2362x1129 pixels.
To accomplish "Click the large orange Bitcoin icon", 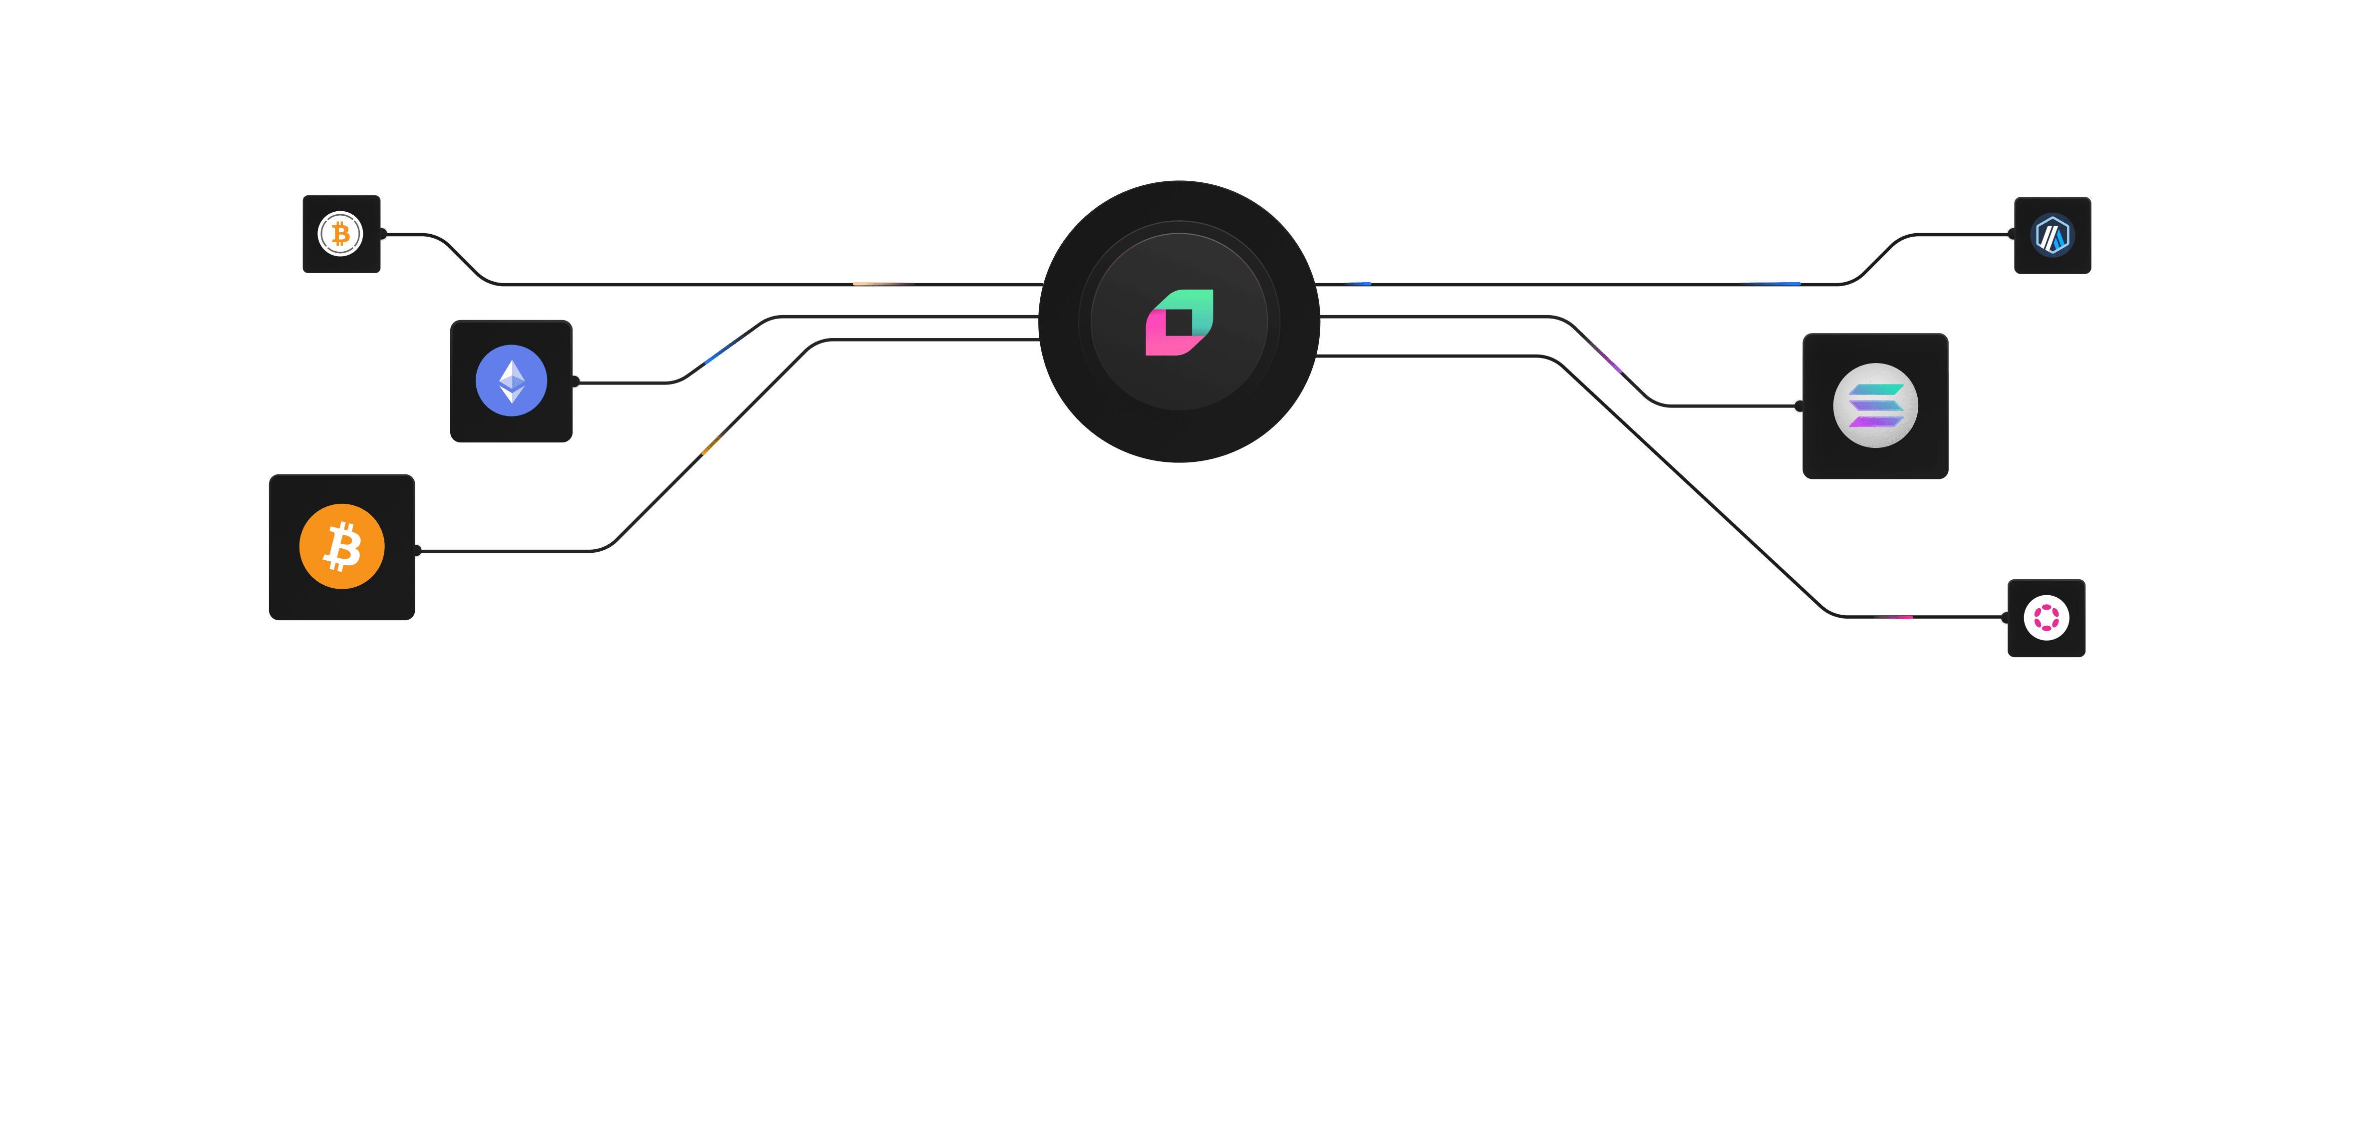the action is point(342,547).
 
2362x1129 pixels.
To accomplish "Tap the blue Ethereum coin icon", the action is point(512,380).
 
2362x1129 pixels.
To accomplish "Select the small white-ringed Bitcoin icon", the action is point(340,234).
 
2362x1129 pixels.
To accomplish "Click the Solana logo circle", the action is point(1875,405).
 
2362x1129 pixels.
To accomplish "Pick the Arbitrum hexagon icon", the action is point(2052,235).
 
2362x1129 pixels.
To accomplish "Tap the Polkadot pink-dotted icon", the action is point(2047,617).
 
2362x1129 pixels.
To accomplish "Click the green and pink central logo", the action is point(1179,322).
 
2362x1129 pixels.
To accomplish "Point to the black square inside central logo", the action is point(1179,323).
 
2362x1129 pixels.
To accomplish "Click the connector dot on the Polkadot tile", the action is point(2005,617).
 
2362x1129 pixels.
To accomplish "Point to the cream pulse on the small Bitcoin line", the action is point(880,284).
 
